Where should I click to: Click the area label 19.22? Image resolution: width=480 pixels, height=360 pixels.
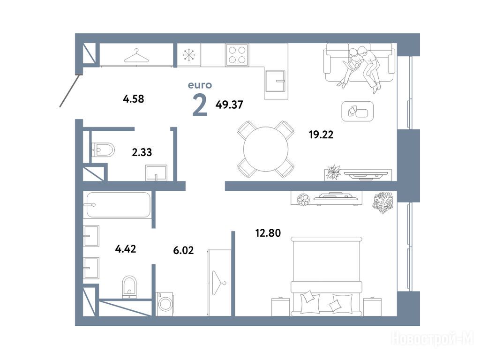(321, 135)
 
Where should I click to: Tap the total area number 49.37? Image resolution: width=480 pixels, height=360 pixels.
(229, 105)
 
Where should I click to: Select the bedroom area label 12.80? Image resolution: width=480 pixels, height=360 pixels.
(268, 233)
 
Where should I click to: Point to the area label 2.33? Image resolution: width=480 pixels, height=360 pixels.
(142, 152)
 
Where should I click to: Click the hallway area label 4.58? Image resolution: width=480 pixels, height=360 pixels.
(134, 99)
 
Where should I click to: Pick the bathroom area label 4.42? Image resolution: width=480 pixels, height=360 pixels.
(126, 249)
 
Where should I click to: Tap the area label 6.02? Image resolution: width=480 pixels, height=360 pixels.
(183, 250)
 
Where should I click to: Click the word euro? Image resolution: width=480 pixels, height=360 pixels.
(200, 85)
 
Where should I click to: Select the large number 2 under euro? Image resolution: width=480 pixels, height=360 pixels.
(200, 105)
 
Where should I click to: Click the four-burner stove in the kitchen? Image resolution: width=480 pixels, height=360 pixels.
(237, 55)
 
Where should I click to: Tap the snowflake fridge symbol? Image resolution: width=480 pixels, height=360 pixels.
(189, 55)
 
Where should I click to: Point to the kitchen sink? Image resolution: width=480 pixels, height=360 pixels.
(276, 81)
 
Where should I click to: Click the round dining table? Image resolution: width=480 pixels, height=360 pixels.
(266, 149)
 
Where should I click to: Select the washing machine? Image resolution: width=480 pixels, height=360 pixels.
(165, 304)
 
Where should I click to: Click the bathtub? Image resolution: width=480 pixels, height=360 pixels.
(118, 205)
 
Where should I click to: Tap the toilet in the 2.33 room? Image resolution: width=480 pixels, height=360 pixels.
(103, 150)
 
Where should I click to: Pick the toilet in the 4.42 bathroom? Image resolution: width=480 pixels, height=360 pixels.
(129, 287)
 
